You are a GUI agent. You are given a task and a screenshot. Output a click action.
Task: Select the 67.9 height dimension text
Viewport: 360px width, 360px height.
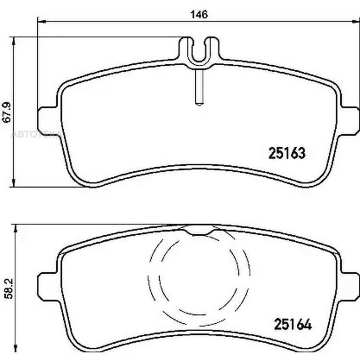coord(7,112)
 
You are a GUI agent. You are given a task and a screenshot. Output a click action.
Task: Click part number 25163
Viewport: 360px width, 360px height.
coord(287,153)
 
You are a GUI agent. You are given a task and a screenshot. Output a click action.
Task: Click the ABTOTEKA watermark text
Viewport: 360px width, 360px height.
coord(36,134)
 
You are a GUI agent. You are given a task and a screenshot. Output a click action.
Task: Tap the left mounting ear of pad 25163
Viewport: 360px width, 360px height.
coord(47,120)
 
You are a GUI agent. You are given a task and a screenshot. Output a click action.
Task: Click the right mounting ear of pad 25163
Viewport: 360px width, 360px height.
coord(350,120)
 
